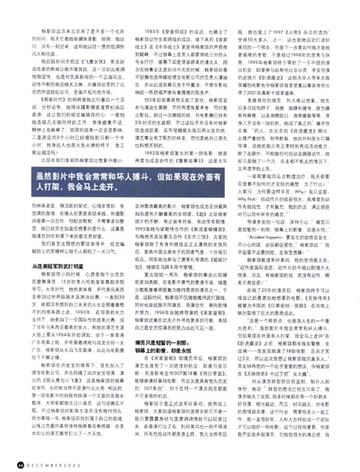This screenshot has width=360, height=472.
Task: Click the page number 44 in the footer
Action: [21, 458]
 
